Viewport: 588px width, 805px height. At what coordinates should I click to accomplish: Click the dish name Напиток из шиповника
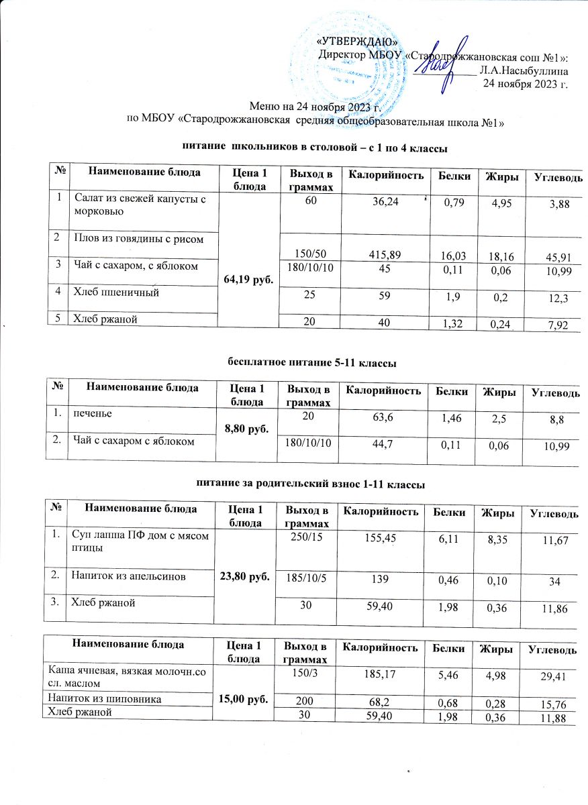point(101,699)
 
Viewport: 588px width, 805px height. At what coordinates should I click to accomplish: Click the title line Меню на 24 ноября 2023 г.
point(315,107)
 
